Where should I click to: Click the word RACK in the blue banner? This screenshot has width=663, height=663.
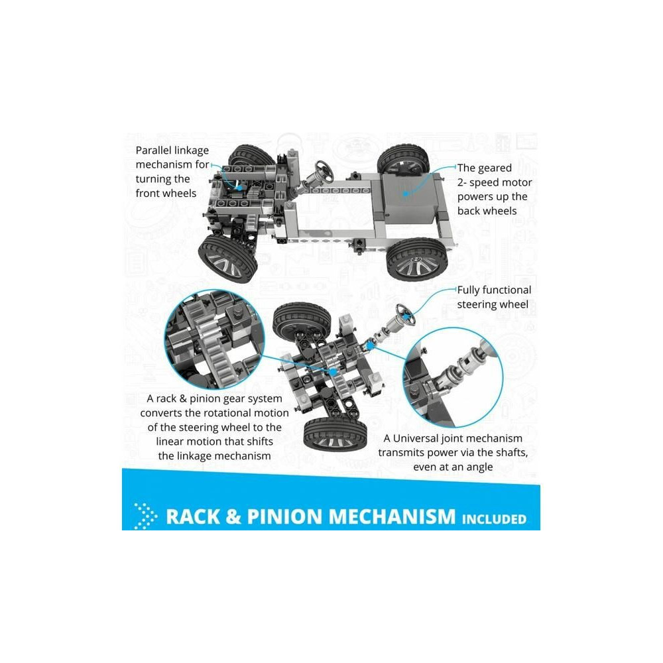coord(193,516)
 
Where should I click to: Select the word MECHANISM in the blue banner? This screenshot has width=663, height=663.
coord(392,516)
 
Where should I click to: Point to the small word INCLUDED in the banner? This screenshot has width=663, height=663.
coord(494,519)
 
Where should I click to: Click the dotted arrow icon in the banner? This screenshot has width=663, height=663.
coord(145,516)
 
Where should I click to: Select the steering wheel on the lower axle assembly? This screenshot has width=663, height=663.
coord(405,314)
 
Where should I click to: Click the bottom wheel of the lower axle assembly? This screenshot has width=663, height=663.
coord(335,434)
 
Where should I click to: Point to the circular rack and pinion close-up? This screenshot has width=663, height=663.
coord(214,339)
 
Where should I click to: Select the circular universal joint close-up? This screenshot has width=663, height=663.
coord(453,377)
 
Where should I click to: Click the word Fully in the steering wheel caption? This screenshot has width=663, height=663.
coord(468,290)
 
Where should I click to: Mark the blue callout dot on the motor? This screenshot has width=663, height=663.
coord(406,194)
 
